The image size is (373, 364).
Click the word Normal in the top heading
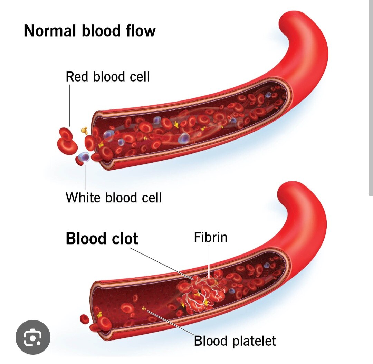[x=50, y=31]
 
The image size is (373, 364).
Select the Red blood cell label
[x=108, y=76]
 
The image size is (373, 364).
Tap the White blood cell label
[x=114, y=198]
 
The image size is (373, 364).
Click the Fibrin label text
[x=211, y=238]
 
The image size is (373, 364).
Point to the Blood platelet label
[x=235, y=341]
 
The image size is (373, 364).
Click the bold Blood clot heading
[x=102, y=239]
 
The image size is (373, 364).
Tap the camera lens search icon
[x=33, y=337]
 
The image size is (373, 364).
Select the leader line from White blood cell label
[x=85, y=178]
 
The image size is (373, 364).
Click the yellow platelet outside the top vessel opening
[x=84, y=130]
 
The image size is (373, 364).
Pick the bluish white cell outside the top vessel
[x=83, y=157]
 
